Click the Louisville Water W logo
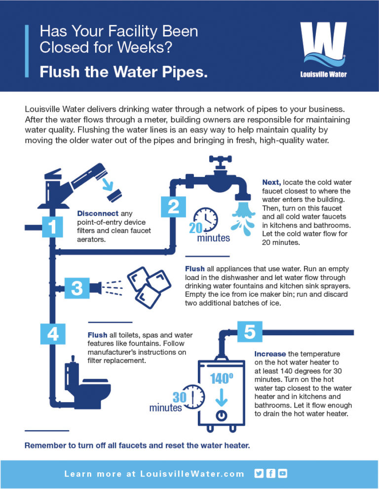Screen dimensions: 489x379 (323, 47)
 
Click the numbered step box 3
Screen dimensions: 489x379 (76, 288)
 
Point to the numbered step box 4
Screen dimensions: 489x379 (52, 334)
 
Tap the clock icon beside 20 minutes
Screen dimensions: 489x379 (206, 219)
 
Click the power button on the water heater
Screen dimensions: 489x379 (222, 414)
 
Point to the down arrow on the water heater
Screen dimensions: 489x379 (222, 396)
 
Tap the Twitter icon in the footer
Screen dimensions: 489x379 (259, 473)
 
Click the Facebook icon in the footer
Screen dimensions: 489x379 (270, 473)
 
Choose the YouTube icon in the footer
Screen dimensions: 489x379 (282, 473)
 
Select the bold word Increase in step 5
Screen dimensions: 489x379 (270, 354)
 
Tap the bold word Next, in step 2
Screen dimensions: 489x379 (271, 182)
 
